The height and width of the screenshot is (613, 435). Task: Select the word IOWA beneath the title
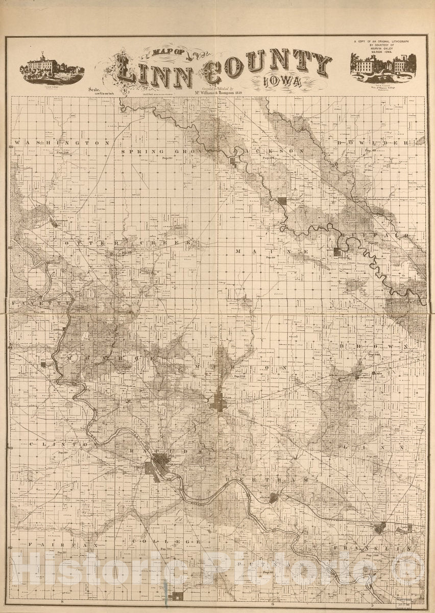pyautogui.click(x=282, y=81)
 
